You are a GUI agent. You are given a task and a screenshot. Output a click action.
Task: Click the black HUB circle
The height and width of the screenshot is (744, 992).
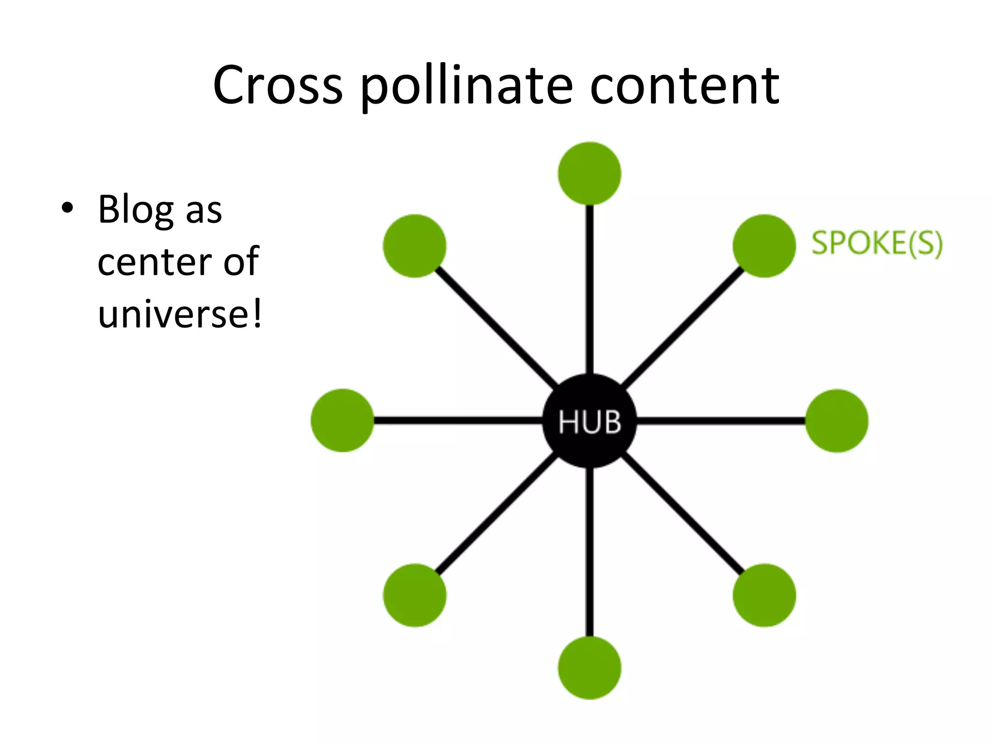click(x=589, y=420)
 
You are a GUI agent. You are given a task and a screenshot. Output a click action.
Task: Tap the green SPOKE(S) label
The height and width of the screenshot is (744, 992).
click(x=877, y=243)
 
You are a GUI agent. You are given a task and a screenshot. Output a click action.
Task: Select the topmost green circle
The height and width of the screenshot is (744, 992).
click(x=589, y=173)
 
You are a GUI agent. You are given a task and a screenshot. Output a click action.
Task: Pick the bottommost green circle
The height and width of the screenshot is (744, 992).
click(x=589, y=667)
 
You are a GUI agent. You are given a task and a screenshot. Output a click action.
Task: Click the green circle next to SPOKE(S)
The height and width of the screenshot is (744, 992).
click(x=764, y=246)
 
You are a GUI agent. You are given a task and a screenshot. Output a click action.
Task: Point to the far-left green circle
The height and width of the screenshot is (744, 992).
click(x=342, y=420)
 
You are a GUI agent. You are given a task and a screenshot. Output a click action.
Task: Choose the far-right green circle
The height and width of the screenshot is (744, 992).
click(x=837, y=420)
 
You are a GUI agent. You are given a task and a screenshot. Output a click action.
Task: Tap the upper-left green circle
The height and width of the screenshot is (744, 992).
click(x=415, y=246)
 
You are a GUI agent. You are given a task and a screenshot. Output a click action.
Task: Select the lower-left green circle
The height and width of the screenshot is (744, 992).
click(x=415, y=595)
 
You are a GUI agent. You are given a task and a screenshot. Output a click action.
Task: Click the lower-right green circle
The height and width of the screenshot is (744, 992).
click(x=764, y=595)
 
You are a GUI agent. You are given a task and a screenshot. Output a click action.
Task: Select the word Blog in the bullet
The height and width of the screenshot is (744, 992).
click(x=136, y=210)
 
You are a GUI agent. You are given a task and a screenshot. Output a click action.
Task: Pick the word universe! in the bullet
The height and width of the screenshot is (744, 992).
click(x=180, y=314)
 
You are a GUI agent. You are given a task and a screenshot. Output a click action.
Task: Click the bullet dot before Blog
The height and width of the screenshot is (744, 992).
click(x=67, y=208)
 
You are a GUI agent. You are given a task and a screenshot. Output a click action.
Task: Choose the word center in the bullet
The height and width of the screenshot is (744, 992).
click(x=154, y=262)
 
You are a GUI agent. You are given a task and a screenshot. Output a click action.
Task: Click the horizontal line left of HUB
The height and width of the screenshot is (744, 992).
click(x=458, y=420)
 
